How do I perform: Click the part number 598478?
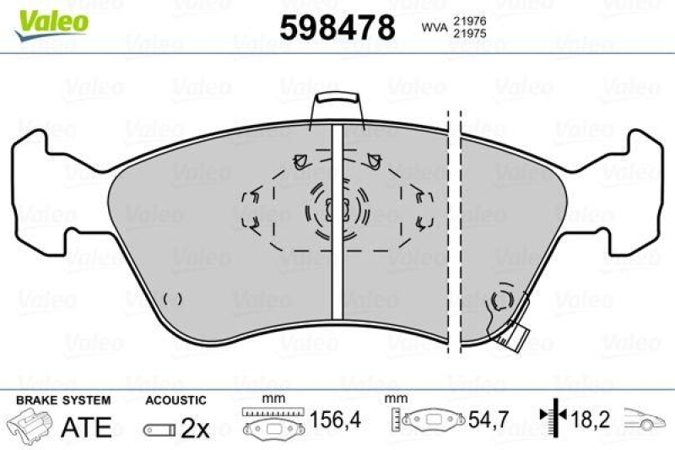coord(337,29)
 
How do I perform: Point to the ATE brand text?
coord(86,426)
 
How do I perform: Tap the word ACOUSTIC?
coord(175,399)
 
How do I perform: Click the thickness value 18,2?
coord(591,418)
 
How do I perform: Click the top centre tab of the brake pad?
coord(336,108)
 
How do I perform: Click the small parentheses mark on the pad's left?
coord(172,298)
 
